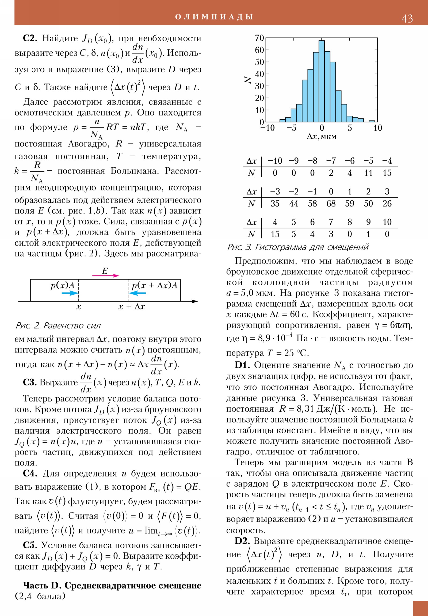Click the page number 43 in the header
pyautogui.click(x=407, y=19)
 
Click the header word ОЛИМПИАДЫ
pyautogui.click(x=214, y=17)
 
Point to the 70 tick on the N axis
pyautogui.click(x=259, y=38)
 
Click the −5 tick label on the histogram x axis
pyautogui.click(x=291, y=128)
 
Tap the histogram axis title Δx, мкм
pyautogui.click(x=321, y=137)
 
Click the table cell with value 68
pyautogui.click(x=331, y=204)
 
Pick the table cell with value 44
pyautogui.click(x=293, y=204)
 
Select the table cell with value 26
pyautogui.click(x=387, y=204)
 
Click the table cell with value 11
pyautogui.click(x=368, y=173)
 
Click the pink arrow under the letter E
pyautogui.click(x=106, y=276)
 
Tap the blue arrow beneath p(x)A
pyautogui.click(x=70, y=293)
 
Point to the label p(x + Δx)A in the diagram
pyautogui.click(x=154, y=285)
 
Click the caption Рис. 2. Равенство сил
pyautogui.click(x=58, y=326)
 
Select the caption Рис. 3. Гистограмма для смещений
pyautogui.click(x=298, y=247)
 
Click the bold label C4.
pyautogui.click(x=30, y=474)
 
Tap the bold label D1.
pyautogui.click(x=242, y=365)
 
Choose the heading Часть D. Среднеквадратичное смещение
pyautogui.click(x=112, y=585)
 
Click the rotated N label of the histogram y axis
pyautogui.click(x=247, y=80)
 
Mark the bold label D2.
pyautogui.click(x=242, y=541)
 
